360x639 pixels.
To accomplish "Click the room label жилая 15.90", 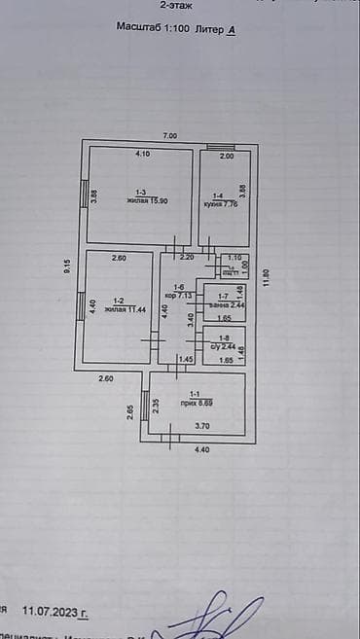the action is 141,200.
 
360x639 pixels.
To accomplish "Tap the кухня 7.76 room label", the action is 221,204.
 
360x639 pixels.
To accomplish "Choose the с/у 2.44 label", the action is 223,346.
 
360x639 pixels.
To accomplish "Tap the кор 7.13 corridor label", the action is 179,293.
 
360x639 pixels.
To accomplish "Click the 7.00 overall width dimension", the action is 169,134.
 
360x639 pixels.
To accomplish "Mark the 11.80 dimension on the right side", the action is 266,278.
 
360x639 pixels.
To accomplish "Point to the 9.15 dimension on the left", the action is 68,266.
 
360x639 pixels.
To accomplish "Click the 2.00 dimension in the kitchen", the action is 227,156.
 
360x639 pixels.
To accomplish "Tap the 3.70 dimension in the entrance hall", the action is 201,426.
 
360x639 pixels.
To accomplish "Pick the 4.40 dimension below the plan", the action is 201,449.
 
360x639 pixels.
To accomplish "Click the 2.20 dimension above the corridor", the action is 188,257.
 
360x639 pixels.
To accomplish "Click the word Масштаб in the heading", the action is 139,31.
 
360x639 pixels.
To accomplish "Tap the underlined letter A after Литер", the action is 232,31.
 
